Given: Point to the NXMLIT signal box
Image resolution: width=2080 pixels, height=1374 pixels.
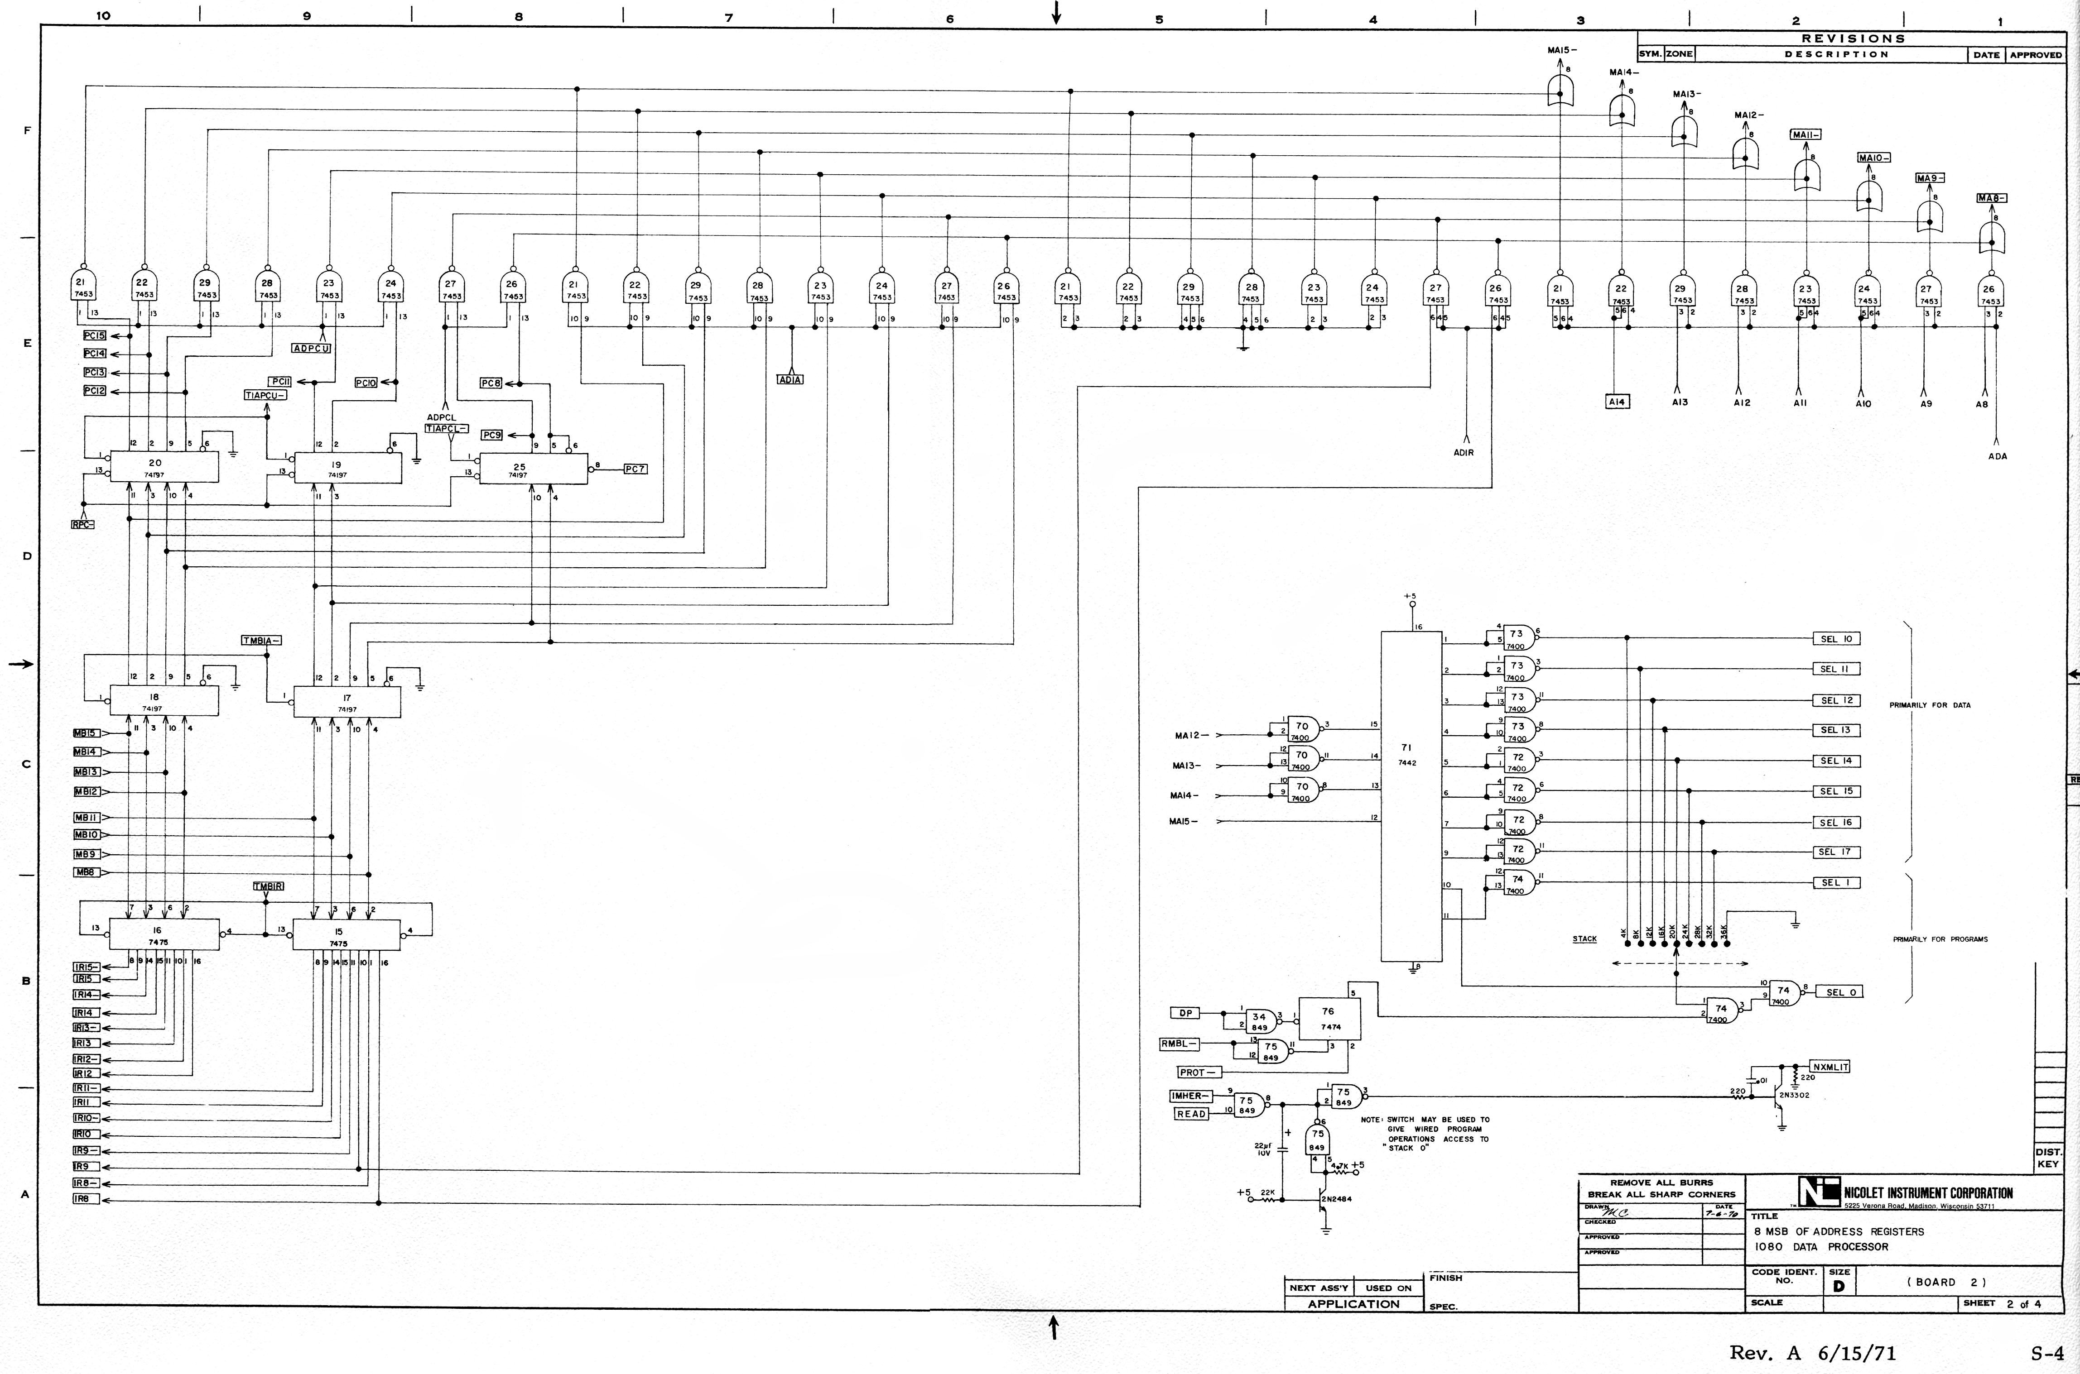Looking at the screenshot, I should tap(1830, 1068).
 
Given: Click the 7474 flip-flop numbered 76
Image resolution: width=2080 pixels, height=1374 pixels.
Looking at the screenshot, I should tap(1329, 1018).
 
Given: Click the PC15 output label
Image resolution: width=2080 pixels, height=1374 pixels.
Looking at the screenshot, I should tap(95, 335).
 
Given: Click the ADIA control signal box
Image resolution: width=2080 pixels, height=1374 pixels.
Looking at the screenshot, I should tap(790, 379).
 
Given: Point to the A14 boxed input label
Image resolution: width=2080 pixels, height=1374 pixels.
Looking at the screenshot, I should tap(1616, 402).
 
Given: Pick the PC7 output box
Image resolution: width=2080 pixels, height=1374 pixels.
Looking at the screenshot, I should tap(635, 469).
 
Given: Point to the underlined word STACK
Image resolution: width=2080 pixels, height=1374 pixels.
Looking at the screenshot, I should tap(1584, 939).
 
